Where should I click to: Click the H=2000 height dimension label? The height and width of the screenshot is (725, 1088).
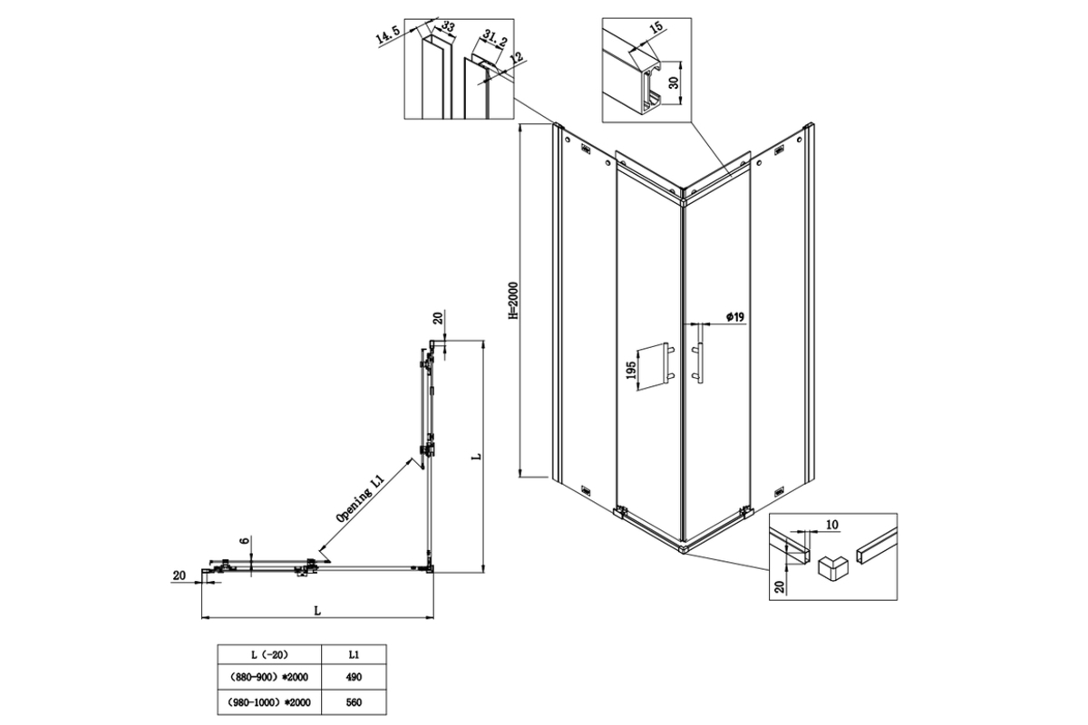point(514,301)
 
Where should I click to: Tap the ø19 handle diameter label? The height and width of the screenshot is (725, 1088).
point(735,317)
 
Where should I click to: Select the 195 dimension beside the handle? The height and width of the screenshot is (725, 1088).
point(631,370)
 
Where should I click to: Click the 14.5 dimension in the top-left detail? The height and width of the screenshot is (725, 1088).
point(388,35)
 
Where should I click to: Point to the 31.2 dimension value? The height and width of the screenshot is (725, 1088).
point(494,37)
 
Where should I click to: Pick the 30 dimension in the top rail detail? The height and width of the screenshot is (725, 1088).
point(673,83)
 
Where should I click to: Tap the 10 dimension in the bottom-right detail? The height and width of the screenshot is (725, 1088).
point(832,525)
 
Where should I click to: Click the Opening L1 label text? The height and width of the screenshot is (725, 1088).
point(361,498)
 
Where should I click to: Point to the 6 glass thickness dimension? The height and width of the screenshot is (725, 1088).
point(245,540)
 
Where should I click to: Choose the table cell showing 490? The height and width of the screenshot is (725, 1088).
point(354,677)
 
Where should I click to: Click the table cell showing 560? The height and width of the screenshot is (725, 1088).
point(354,702)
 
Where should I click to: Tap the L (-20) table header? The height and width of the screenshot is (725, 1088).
point(269,654)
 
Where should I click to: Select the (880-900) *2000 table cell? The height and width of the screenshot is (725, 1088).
point(269,677)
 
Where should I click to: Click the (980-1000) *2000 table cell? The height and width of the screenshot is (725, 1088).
point(269,702)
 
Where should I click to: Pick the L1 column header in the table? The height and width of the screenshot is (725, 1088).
point(354,654)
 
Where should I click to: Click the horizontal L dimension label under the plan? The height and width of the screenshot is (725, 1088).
point(317,611)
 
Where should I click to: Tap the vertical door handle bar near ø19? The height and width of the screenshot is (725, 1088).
point(700,355)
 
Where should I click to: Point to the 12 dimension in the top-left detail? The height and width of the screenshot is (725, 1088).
point(518,57)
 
